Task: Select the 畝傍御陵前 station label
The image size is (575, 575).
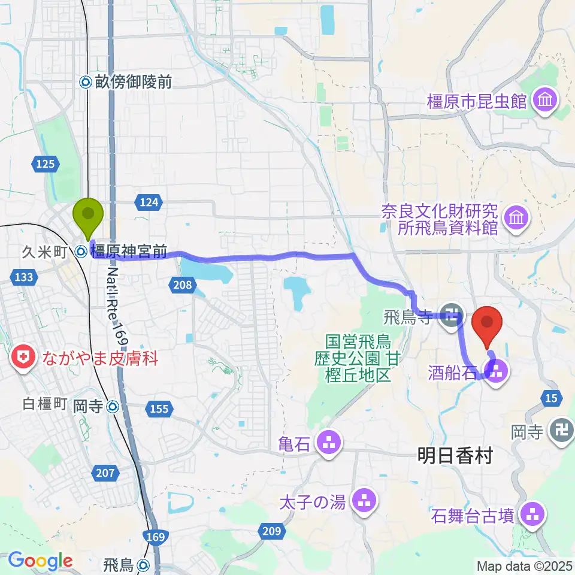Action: tap(127, 82)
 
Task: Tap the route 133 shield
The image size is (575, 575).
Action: tap(25, 276)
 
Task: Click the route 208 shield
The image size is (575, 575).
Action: tap(182, 285)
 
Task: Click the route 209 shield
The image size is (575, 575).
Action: tap(271, 529)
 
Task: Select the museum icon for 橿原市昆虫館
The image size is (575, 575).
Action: tap(545, 100)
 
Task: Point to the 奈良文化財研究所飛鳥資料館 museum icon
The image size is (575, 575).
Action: tap(516, 219)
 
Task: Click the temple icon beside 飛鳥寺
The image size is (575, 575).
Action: tap(451, 313)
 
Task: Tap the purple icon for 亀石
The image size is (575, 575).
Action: tap(328, 444)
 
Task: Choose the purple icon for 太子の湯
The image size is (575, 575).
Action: tap(364, 502)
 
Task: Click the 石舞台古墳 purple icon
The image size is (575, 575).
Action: tap(532, 513)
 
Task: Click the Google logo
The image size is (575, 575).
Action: tap(41, 561)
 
